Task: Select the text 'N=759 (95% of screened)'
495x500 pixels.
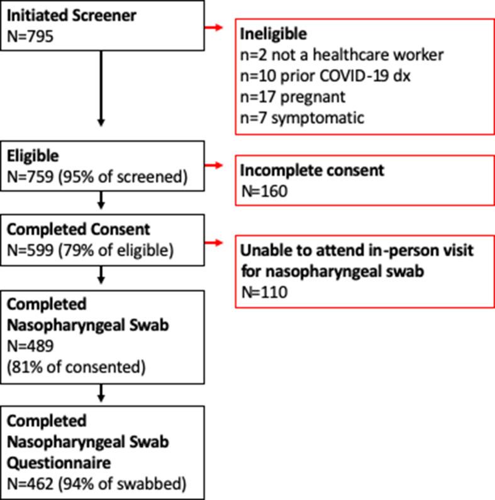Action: coord(97,177)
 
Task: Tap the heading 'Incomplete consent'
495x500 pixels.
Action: coord(313,170)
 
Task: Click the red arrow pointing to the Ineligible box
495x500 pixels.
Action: coord(214,28)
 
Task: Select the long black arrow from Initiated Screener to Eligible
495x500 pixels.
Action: coord(101,88)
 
